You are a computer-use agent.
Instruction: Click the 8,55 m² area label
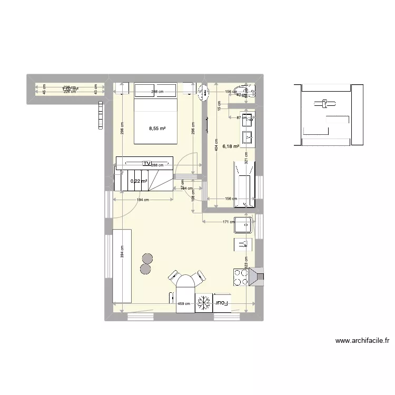pos(156,128)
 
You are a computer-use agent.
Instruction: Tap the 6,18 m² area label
pos(231,147)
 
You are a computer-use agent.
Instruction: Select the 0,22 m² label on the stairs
pos(139,181)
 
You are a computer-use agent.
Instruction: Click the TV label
pos(147,163)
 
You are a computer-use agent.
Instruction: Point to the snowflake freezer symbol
pos(203,303)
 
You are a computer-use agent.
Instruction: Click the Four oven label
pos(222,302)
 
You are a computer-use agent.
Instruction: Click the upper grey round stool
pos(147,258)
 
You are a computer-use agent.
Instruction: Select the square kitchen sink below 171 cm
pos(245,225)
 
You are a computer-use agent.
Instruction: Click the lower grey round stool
pos(145,269)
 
